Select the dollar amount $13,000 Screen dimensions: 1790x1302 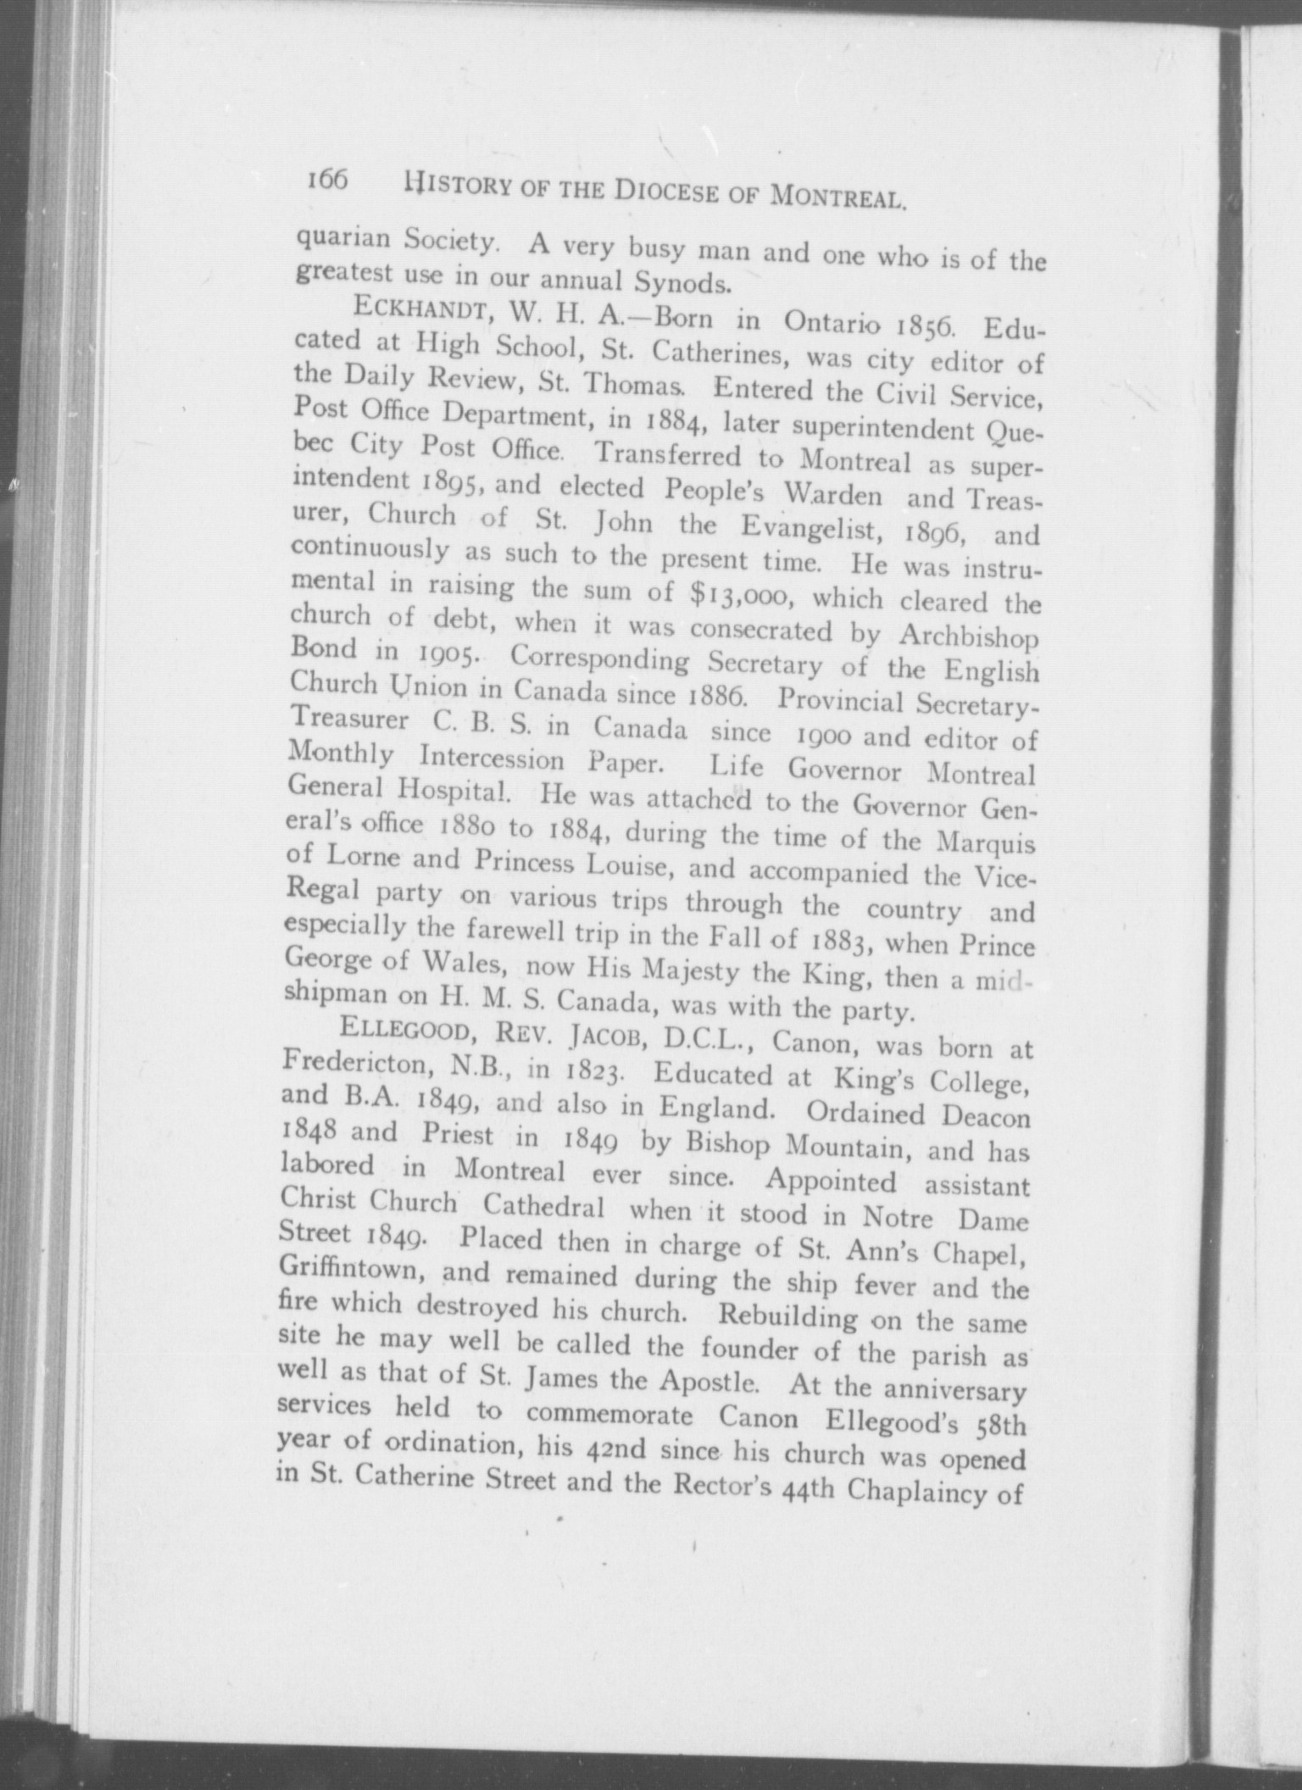(743, 595)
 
